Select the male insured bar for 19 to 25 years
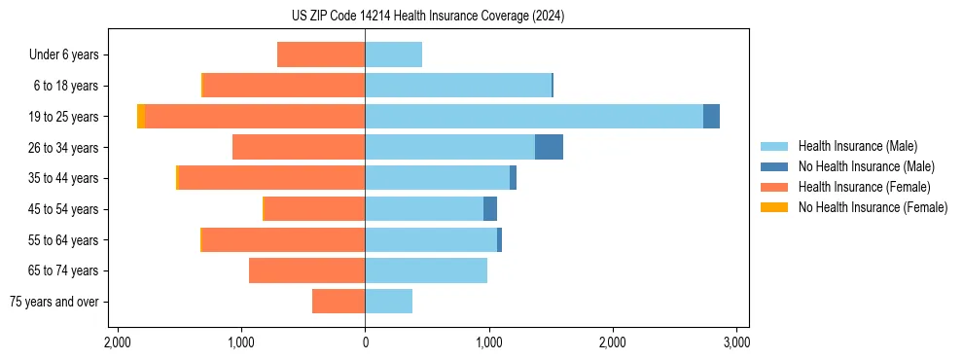534,116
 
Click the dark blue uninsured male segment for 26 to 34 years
549,147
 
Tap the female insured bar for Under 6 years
321,54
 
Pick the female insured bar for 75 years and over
339,302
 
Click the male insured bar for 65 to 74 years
426,270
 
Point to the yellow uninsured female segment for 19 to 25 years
141,116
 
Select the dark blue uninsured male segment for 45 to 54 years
490,208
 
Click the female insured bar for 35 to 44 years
272,178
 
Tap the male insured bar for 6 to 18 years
458,86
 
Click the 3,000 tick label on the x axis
736,342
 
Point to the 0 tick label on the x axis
365,342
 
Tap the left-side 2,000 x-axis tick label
117,342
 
